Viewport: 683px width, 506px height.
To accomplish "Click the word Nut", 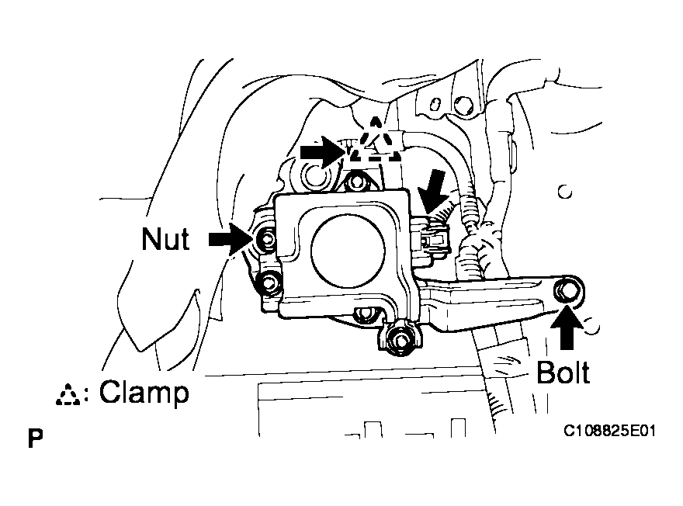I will coord(165,239).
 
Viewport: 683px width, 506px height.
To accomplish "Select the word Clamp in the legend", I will coord(144,393).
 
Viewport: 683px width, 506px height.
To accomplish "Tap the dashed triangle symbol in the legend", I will coord(70,395).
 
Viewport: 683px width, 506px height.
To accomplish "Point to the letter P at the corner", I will coord(34,438).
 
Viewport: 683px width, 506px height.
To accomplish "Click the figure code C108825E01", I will coord(608,428).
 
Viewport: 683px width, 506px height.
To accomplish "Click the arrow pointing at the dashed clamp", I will coord(321,152).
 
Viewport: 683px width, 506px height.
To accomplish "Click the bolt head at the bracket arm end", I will coord(569,291).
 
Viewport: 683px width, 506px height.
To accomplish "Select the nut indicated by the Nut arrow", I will coord(266,240).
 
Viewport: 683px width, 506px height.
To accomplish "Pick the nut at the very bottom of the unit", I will coord(401,338).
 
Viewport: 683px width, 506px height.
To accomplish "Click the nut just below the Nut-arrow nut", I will coord(270,283).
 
